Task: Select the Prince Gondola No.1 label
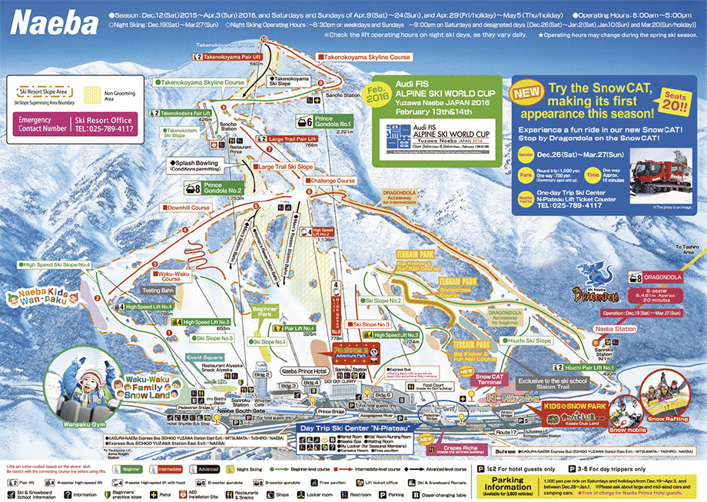(334, 121)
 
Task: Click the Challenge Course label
(334, 181)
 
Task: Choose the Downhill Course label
(187, 207)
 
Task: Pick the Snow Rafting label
(666, 419)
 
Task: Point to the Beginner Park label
(264, 311)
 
